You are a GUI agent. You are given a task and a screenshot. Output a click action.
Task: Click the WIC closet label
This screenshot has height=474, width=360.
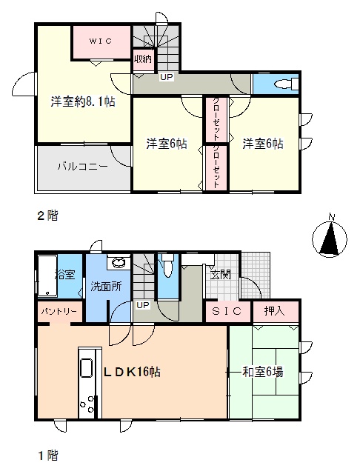[x=100, y=41]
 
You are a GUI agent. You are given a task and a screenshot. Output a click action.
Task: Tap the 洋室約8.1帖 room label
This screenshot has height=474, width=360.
[x=83, y=102]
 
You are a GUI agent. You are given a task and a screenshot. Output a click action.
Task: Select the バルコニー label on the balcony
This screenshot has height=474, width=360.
[x=82, y=166]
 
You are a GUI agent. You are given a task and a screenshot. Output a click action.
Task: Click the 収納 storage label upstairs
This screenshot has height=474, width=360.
[x=143, y=59]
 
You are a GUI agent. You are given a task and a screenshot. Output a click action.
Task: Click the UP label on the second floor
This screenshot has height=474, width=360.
[x=167, y=77]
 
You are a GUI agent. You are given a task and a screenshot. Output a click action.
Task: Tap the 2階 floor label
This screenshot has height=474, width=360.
[x=47, y=216]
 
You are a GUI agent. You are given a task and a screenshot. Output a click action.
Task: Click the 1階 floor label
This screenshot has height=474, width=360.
[x=47, y=455]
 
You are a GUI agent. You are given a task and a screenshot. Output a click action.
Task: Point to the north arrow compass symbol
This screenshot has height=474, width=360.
[x=329, y=236]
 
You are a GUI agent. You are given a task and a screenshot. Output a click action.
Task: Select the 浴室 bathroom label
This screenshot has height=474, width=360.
[x=65, y=275]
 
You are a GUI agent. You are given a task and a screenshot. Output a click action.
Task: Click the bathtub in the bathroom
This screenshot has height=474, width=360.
[x=47, y=276]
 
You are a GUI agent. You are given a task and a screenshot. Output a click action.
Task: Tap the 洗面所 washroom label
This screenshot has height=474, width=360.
[x=106, y=287]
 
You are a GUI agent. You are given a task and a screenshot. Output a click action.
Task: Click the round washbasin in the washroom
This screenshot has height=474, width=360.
[x=118, y=263]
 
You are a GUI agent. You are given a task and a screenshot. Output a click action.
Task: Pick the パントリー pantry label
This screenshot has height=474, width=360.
[x=59, y=311]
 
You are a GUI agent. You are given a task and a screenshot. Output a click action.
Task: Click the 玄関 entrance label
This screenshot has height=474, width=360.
[x=221, y=275]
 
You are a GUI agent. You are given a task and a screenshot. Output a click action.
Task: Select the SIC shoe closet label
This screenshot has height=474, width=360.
[x=227, y=311]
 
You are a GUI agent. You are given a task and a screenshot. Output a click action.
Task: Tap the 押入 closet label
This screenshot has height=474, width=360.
[x=274, y=311]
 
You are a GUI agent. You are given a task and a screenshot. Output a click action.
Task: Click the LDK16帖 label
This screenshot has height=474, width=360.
[x=132, y=372]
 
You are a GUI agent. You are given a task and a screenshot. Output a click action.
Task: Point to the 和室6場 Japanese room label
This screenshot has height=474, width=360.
[x=263, y=372]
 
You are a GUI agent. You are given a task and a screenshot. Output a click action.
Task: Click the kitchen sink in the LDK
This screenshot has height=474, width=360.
[x=87, y=368]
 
